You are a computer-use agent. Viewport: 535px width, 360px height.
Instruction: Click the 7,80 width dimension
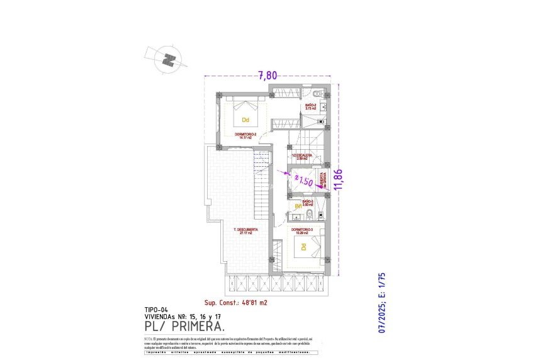pyautogui.click(x=267, y=76)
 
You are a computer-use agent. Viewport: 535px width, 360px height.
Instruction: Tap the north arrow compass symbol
pyautogui.click(x=167, y=60)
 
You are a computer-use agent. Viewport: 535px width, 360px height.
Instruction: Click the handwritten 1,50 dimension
pyautogui.click(x=305, y=181)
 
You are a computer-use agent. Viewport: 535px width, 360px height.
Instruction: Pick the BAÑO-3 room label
pyautogui.click(x=308, y=203)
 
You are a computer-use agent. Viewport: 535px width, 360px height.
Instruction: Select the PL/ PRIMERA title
pyautogui.click(x=184, y=327)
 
